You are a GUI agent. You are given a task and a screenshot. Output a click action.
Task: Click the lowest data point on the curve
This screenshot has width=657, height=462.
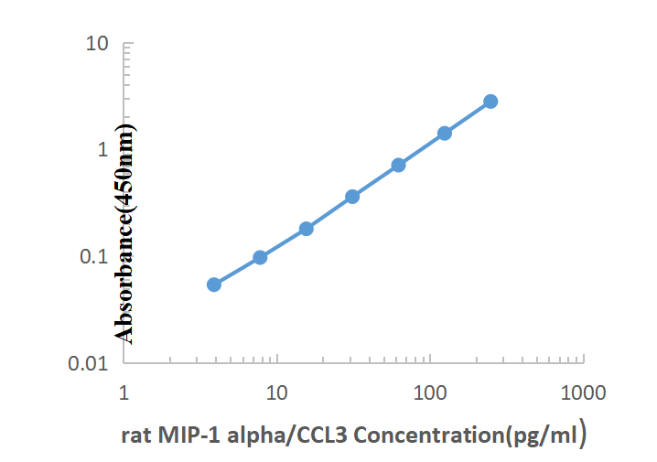tap(214, 285)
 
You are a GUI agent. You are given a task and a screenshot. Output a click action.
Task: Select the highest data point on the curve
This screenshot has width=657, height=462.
tap(490, 101)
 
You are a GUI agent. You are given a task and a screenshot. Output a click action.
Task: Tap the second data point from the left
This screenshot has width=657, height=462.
tap(260, 257)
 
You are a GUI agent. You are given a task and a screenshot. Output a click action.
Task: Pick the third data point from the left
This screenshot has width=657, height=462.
tap(307, 229)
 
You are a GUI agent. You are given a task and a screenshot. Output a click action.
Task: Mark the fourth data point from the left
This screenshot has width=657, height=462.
tap(352, 197)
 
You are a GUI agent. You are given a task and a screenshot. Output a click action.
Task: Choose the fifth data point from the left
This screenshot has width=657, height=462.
tap(399, 165)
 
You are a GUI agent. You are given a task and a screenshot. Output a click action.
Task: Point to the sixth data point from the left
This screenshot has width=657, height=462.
tap(445, 133)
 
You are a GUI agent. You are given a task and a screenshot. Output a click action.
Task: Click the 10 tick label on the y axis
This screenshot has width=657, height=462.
tap(97, 43)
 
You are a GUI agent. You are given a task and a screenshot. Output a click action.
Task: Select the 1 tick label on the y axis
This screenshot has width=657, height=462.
tap(103, 149)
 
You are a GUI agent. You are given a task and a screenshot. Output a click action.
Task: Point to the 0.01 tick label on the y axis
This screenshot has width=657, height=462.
tap(92, 364)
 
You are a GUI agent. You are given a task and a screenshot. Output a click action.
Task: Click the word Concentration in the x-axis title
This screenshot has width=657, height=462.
tap(429, 435)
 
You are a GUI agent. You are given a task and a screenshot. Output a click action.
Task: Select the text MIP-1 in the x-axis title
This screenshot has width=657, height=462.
tap(182, 435)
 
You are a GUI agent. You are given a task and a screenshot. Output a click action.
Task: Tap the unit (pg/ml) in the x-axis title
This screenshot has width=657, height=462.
tap(546, 435)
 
